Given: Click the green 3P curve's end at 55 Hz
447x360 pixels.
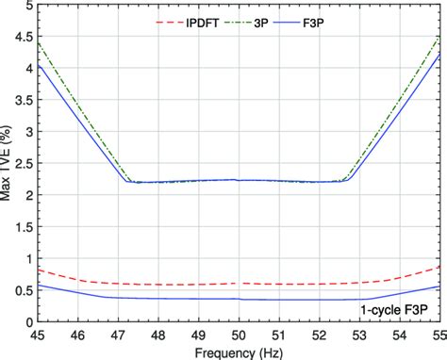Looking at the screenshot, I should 439,37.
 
